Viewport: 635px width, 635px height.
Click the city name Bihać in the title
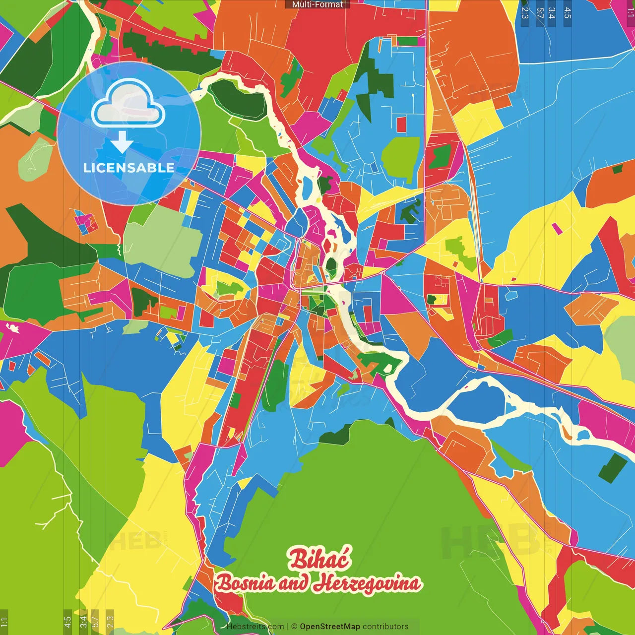coord(319,559)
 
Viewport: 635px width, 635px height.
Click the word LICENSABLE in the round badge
coord(128,168)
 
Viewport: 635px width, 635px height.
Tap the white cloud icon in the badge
coord(128,105)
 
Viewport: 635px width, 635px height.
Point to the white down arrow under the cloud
coord(122,143)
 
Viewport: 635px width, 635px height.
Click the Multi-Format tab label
coord(317,4)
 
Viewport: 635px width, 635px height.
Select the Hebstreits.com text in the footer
coord(255,627)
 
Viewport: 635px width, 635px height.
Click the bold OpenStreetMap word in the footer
coord(329,627)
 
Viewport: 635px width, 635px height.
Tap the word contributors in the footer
coord(385,627)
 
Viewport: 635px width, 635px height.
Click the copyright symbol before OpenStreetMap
coord(294,627)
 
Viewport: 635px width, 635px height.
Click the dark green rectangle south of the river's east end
coord(612,468)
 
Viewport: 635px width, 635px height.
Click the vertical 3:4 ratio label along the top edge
coord(551,13)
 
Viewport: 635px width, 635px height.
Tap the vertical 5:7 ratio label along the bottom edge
coord(95,621)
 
